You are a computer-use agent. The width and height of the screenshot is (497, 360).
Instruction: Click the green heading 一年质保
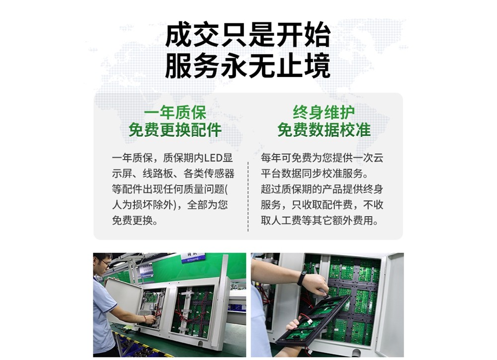click(175, 112)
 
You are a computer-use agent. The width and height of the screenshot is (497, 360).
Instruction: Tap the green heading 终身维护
click(324, 112)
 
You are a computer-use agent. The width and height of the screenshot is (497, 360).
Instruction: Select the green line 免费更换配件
click(175, 130)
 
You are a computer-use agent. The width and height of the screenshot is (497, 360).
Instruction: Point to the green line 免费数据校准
click(324, 130)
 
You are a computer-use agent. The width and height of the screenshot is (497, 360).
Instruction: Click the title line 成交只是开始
click(248, 35)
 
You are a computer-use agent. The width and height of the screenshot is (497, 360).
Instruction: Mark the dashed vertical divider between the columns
click(248, 196)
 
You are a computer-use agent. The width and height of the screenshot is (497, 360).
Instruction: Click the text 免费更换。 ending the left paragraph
click(135, 220)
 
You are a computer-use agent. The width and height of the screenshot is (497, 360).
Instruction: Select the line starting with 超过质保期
click(322, 189)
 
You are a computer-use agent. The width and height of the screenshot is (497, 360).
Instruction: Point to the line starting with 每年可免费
click(322, 158)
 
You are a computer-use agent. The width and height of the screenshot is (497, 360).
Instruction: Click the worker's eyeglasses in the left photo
click(105, 263)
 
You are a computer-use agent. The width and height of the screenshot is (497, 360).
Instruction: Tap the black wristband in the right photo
click(302, 278)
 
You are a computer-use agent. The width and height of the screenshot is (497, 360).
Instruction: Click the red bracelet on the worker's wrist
click(145, 318)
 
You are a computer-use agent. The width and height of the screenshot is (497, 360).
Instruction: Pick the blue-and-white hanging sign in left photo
click(193, 257)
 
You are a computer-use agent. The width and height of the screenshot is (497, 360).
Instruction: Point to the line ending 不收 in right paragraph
click(322, 204)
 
